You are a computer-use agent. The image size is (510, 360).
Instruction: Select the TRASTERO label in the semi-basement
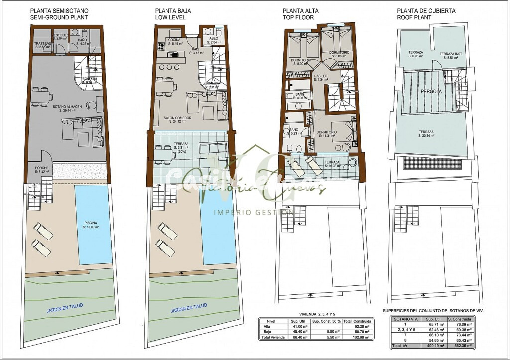pos(43,44)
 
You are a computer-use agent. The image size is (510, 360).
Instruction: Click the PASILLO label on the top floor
pos(320,76)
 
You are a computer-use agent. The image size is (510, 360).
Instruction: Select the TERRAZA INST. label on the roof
pos(449,54)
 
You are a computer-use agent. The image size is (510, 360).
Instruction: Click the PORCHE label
pos(42,168)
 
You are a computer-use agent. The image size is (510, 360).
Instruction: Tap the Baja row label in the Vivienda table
pos(267,332)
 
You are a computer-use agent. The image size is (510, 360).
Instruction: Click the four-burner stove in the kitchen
pos(161,47)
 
